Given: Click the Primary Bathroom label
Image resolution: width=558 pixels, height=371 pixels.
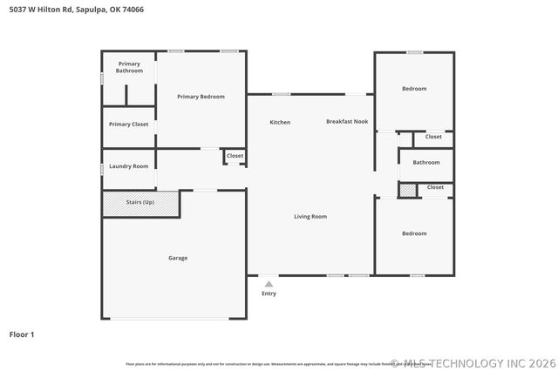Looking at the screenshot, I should pyautogui.click(x=129, y=67).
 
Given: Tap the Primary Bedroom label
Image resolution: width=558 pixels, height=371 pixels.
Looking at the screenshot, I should pyautogui.click(x=201, y=97).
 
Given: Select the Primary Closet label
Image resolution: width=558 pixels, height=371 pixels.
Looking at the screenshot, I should pyautogui.click(x=128, y=125).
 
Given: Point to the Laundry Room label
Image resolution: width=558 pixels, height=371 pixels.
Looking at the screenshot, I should pyautogui.click(x=128, y=165).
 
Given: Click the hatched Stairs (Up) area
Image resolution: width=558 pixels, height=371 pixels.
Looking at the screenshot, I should pyautogui.click(x=140, y=203).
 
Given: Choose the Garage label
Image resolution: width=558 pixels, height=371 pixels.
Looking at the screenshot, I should pyautogui.click(x=178, y=258).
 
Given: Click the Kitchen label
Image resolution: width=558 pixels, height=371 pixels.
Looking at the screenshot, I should pyautogui.click(x=280, y=122).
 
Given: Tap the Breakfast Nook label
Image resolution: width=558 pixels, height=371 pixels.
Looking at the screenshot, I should pyautogui.click(x=347, y=122).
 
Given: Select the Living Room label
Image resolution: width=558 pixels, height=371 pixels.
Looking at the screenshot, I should pyautogui.click(x=310, y=216).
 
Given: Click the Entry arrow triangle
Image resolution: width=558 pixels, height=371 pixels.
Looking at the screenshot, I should pyautogui.click(x=269, y=283).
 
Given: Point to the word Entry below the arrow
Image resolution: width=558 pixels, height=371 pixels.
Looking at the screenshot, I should pyautogui.click(x=269, y=293).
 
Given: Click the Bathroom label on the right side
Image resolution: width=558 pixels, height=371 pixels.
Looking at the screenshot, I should pyautogui.click(x=426, y=162).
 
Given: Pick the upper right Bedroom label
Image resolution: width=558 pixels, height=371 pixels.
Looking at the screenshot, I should pyautogui.click(x=414, y=89).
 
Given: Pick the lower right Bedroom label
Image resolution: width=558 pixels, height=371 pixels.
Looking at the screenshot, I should pyautogui.click(x=414, y=233).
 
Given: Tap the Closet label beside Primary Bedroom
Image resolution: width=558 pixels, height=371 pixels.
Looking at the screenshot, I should pyautogui.click(x=235, y=156).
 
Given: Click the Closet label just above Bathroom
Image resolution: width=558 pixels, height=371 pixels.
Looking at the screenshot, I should pyautogui.click(x=433, y=137).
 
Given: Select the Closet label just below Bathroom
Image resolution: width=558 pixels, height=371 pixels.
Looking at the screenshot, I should pyautogui.click(x=435, y=187).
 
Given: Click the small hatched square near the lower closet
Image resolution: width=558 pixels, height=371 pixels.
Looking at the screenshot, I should pyautogui.click(x=408, y=189).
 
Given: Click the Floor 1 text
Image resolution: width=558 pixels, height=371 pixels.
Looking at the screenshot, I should pyautogui.click(x=22, y=334).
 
